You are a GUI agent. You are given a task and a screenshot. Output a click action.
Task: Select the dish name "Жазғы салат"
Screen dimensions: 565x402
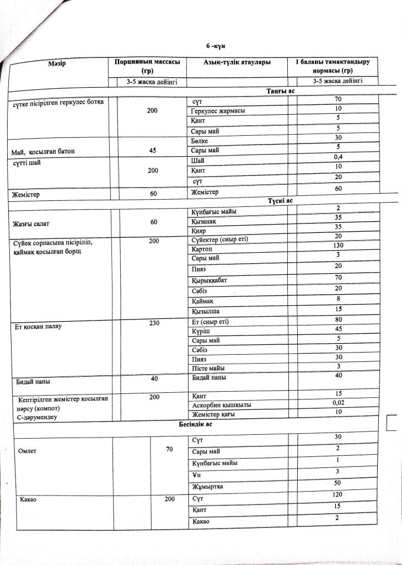(x=32, y=223)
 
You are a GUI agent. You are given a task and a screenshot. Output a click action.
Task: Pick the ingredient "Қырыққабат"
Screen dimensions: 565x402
(x=210, y=279)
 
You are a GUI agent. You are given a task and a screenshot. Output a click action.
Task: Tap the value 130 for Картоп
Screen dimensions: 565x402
(x=337, y=245)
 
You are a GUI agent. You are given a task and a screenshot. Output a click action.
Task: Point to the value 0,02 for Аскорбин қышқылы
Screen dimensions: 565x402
(x=338, y=402)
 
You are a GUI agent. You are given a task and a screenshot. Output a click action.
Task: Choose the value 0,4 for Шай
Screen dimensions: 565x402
(x=337, y=158)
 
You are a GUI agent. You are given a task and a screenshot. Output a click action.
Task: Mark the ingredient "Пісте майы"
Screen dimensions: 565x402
(x=208, y=368)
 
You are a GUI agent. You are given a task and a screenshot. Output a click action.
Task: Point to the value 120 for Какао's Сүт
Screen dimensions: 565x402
(x=337, y=496)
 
